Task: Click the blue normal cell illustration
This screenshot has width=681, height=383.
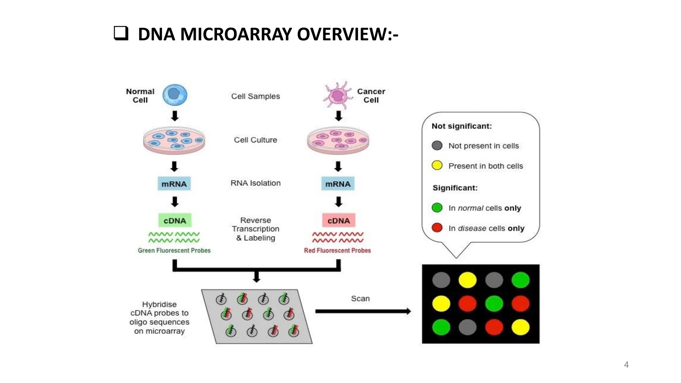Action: (175, 95)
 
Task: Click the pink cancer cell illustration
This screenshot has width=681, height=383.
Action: (338, 95)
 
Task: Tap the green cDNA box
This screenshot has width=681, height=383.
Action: (175, 220)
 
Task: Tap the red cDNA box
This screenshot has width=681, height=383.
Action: (339, 220)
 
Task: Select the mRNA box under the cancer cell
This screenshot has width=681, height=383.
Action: (338, 184)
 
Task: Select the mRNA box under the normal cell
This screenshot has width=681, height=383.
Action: (174, 184)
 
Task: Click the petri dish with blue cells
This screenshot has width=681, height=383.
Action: (174, 140)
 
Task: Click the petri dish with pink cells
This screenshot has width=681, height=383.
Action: (338, 140)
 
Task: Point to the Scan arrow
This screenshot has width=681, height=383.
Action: (362, 311)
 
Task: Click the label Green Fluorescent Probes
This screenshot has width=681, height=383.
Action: (174, 250)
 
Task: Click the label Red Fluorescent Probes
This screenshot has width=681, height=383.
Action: (337, 250)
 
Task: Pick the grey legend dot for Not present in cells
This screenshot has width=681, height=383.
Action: (437, 145)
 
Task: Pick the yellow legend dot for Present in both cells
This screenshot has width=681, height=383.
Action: (437, 165)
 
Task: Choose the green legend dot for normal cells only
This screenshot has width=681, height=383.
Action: (437, 208)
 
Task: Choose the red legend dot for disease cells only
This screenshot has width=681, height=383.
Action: (437, 228)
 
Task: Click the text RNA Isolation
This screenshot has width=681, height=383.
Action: (255, 183)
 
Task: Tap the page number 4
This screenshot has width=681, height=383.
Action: (626, 365)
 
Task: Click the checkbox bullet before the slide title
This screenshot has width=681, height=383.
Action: (121, 33)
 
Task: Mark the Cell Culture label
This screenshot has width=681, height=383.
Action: (255, 140)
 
